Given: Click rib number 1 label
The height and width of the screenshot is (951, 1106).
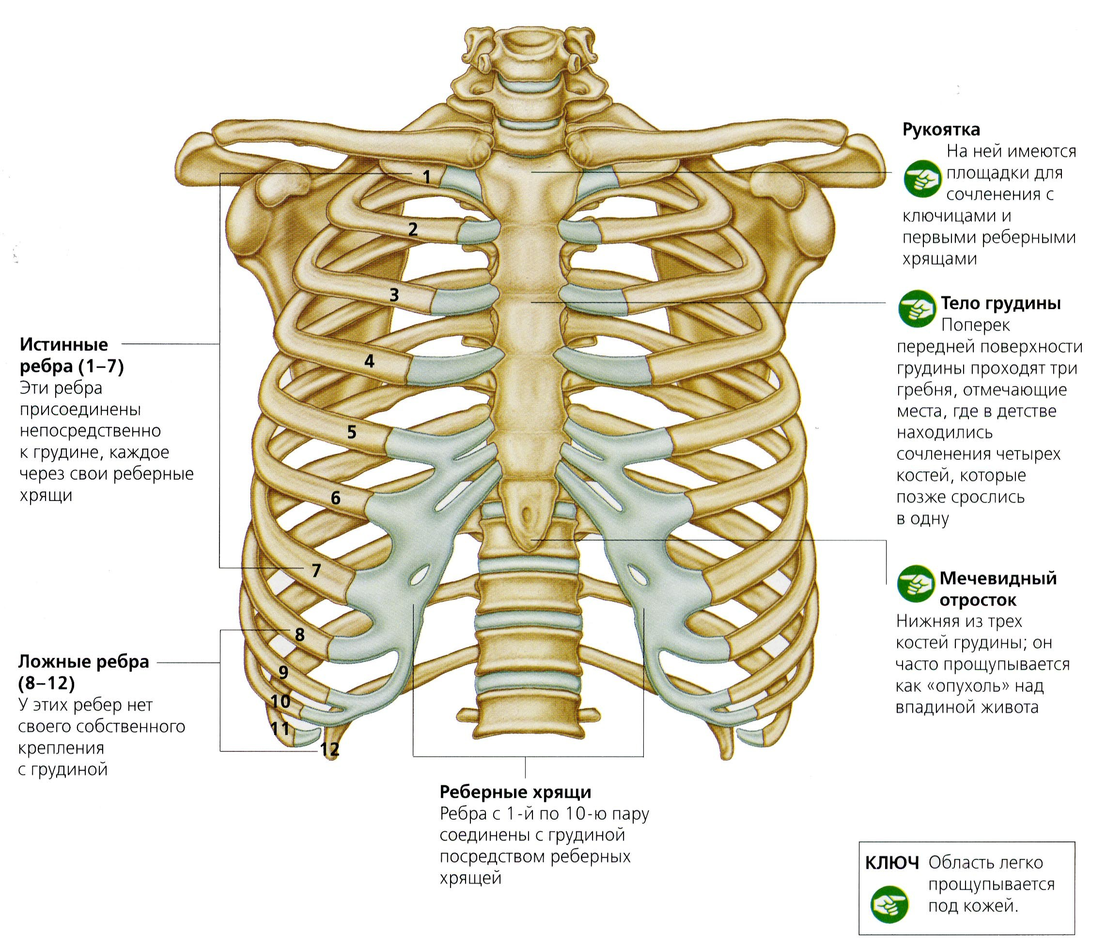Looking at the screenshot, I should (x=426, y=177).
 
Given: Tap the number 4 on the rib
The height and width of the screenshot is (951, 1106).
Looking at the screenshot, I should (x=369, y=361).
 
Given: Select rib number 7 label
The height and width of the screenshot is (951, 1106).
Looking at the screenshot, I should (x=316, y=571).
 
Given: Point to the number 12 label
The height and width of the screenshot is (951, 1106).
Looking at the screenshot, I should (x=329, y=749).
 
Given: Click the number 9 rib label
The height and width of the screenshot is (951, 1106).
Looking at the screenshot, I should (x=283, y=672).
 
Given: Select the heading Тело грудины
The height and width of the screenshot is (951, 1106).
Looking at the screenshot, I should (x=1000, y=303).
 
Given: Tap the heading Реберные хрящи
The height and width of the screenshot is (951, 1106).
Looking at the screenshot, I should (x=515, y=792).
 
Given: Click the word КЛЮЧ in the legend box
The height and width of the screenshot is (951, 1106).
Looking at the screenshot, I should (x=892, y=863).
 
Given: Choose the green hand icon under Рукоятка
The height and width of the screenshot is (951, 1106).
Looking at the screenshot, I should (x=922, y=179).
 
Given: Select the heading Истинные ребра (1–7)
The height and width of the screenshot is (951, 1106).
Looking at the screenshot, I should (x=72, y=356).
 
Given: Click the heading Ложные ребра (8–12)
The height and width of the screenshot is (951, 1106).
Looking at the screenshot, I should (x=84, y=672).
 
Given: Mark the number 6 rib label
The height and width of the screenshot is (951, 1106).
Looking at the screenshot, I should (x=336, y=498).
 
